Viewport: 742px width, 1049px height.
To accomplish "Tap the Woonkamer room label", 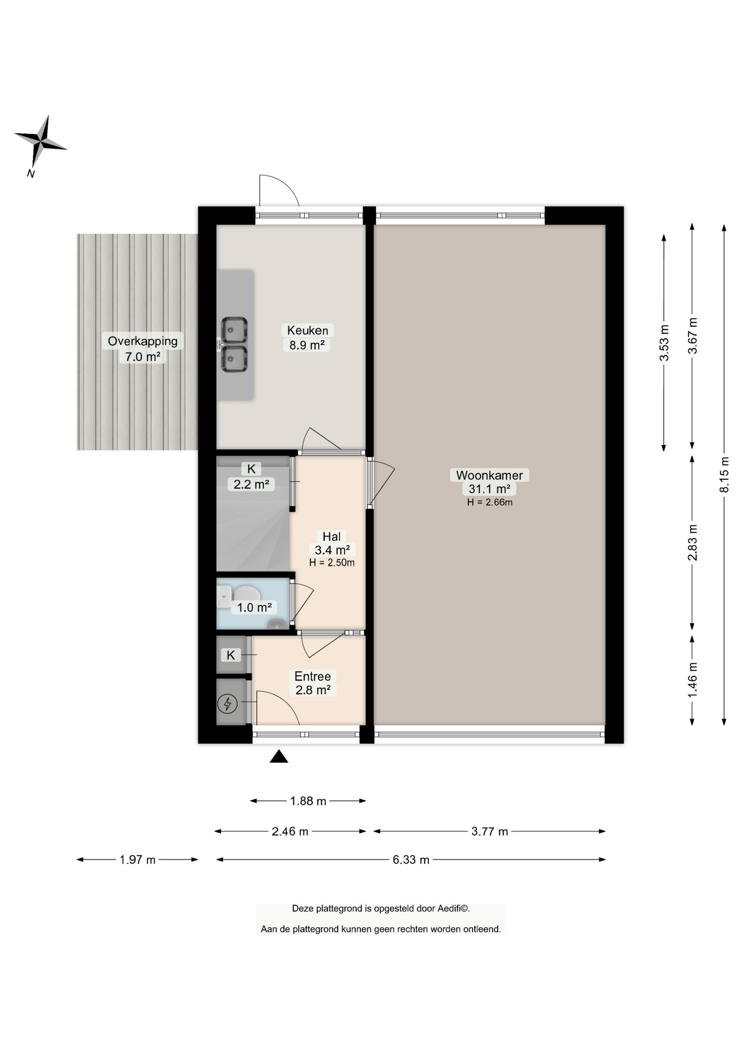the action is coord(489,475).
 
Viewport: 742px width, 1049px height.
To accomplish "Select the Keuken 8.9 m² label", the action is coord(308,338).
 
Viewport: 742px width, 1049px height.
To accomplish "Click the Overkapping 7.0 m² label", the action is coord(143,349).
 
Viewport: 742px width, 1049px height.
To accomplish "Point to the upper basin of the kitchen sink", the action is coord(234,329).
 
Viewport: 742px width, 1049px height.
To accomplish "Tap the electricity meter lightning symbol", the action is coord(227,704).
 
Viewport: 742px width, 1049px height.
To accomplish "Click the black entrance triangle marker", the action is coord(279,756).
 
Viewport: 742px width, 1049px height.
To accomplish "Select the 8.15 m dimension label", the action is coord(724,474).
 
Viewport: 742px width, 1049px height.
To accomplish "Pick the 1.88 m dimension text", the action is coord(308,801).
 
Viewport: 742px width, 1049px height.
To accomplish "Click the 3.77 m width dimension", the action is coord(490,832).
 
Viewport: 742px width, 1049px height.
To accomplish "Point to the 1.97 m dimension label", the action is coord(138,860).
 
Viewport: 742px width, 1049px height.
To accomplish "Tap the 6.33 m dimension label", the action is coord(411,860).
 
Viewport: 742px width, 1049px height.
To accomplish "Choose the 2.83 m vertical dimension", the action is coord(692,543).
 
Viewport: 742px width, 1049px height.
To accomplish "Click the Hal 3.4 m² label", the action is coord(332,549).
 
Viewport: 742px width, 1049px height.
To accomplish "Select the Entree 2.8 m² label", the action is coord(313,683).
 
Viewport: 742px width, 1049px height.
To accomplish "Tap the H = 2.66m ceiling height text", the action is coord(490,502).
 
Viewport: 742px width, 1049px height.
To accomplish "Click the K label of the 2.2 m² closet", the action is coord(251,469).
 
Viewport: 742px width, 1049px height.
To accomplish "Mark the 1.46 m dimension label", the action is coord(692,680).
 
